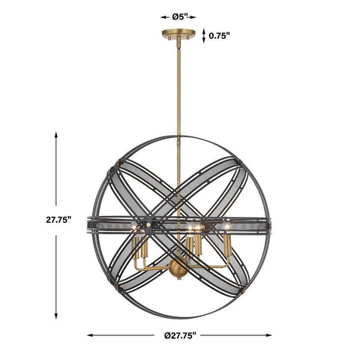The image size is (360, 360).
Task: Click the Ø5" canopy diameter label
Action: tap(180, 17)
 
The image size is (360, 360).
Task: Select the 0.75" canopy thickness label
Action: tap(219, 36)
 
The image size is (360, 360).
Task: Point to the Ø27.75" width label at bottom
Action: tap(180, 335)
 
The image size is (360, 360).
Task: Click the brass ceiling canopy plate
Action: tap(178, 33)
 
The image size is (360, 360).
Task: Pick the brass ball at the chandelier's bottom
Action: tap(178, 268)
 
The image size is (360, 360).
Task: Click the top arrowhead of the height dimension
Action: tap(56, 135)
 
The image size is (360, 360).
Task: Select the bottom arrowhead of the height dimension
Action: tap(56, 316)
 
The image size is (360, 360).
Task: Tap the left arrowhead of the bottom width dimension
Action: tap(90, 335)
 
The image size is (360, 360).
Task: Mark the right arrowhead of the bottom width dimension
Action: tap(268, 335)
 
